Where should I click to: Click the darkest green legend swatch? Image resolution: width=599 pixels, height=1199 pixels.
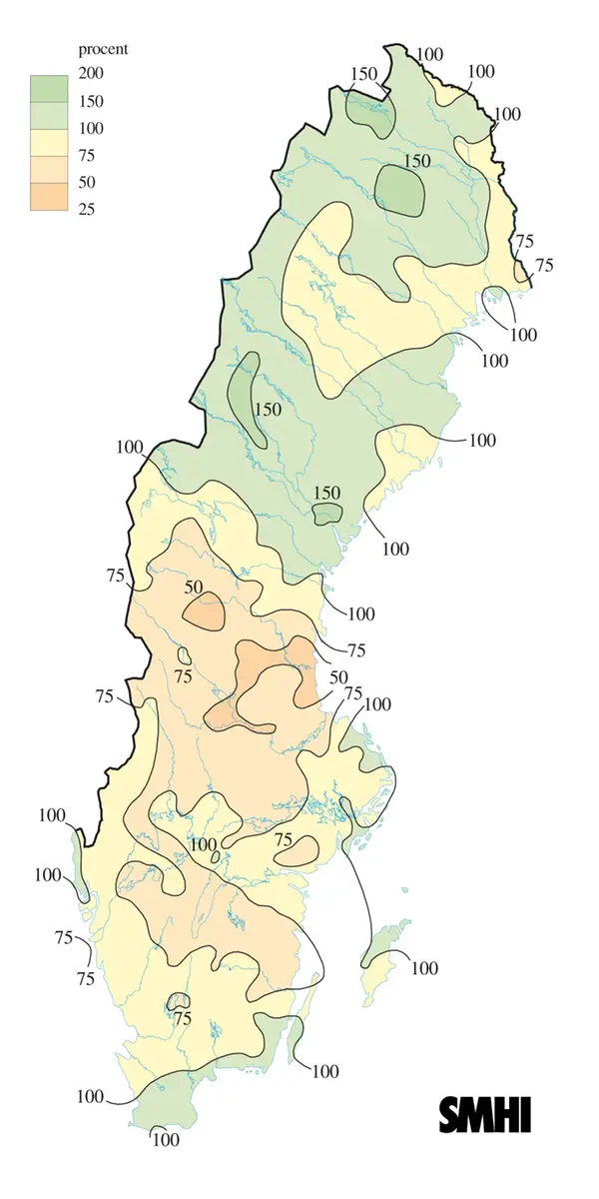(x=46, y=87)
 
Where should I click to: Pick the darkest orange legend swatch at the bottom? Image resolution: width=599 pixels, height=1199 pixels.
(x=46, y=196)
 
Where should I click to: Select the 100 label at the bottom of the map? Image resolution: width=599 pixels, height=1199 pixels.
(x=166, y=1139)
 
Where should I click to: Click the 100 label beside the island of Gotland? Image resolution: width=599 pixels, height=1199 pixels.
(x=423, y=967)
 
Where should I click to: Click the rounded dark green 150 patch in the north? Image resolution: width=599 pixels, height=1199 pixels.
(x=400, y=189)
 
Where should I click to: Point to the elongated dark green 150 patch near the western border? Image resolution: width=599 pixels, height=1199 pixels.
(x=245, y=398)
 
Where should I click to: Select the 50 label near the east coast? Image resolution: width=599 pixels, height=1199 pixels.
(x=338, y=677)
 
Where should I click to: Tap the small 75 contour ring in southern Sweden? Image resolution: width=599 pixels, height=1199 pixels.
(x=178, y=1001)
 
